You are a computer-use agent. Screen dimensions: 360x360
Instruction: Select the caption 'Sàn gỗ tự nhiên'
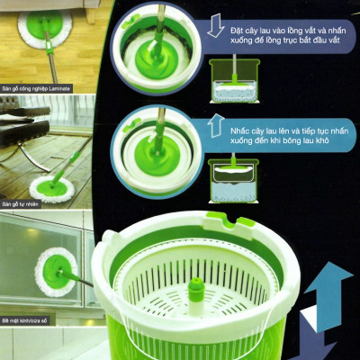[20, 204]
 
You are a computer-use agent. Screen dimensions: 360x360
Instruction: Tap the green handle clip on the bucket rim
[222, 221]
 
